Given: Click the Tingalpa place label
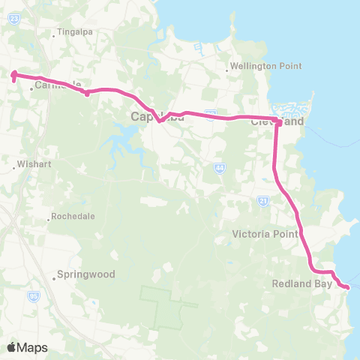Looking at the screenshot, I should tap(75, 33).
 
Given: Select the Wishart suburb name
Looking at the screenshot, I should tap(31, 161).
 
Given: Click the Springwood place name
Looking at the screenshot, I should tap(88, 274).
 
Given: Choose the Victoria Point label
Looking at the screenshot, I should tap(264, 233).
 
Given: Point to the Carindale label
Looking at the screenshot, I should tap(55, 86).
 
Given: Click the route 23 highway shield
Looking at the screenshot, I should tap(15, 20).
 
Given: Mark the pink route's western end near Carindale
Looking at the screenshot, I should tap(13, 73).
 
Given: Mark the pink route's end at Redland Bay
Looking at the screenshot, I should tap(347, 286).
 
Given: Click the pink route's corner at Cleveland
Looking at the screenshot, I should tap(277, 121).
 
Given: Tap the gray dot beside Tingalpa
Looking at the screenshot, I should tap(55, 33).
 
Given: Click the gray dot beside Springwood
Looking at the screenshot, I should tap(55, 278).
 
